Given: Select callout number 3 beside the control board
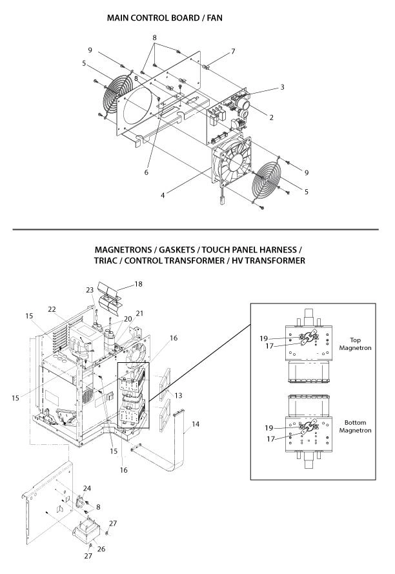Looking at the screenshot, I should point(282,87).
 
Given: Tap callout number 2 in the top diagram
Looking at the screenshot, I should point(271,118).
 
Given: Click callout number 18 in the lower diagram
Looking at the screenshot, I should point(137,284).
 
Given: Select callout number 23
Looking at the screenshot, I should point(90,290).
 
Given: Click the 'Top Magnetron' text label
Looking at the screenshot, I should point(355,343).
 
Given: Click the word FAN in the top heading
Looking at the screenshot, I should point(212,19).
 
